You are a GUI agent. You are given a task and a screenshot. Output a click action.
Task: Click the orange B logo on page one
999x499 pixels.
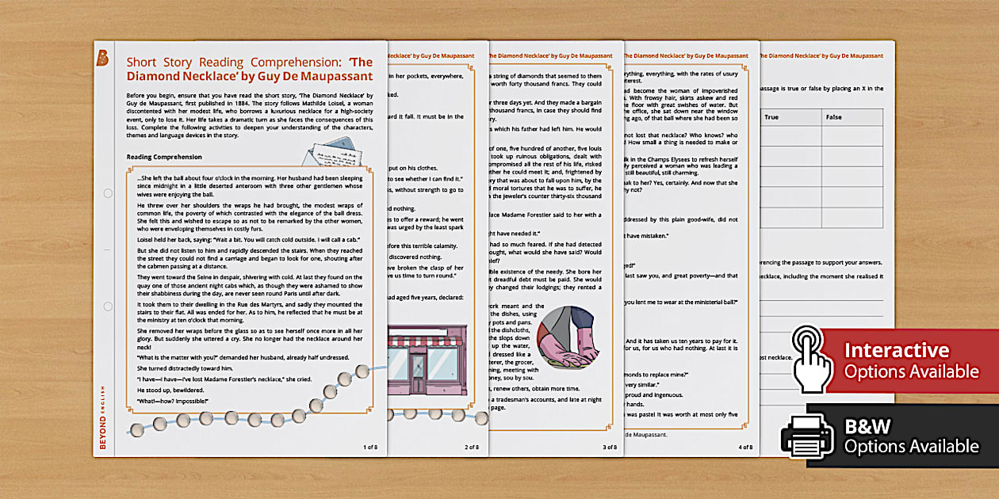point(101,57)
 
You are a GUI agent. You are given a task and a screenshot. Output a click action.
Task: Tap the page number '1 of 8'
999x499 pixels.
point(370,447)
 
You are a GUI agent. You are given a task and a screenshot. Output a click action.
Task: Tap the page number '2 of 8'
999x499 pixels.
point(471,447)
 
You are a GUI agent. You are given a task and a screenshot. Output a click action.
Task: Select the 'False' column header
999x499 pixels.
point(834,117)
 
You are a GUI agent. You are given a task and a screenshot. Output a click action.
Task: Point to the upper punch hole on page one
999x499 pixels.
point(106,192)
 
